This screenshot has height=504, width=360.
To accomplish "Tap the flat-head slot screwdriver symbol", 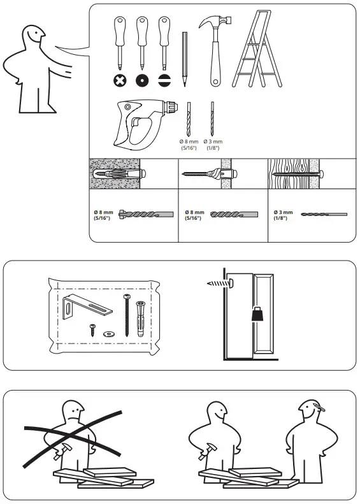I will pyautogui.click(x=164, y=80).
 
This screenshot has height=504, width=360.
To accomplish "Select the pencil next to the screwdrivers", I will pyautogui.click(x=184, y=59).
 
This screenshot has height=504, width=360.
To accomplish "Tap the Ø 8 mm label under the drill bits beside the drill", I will pyautogui.click(x=189, y=143).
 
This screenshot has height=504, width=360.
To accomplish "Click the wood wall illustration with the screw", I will pyautogui.click(x=296, y=173).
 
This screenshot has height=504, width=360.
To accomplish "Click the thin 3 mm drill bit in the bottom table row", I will pyautogui.click(x=323, y=215).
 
